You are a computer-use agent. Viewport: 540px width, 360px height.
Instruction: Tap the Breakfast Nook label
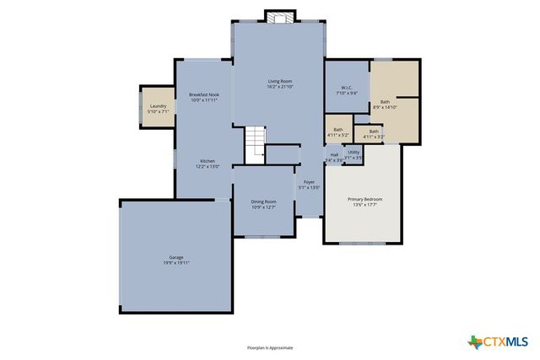pyautogui.click(x=204, y=94)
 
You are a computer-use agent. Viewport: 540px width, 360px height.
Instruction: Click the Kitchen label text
pyautogui.click(x=208, y=161)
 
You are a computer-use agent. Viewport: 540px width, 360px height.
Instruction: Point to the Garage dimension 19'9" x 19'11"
pyautogui.click(x=176, y=263)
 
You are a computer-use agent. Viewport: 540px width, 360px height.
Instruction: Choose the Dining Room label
pyautogui.click(x=263, y=201)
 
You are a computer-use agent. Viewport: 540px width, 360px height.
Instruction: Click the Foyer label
pyautogui.click(x=310, y=182)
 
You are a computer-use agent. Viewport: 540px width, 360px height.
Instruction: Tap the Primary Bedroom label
pyautogui.click(x=365, y=199)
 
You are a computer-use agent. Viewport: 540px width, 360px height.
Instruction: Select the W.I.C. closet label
pyautogui.click(x=347, y=88)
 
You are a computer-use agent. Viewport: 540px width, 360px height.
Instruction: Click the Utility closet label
pyautogui.click(x=354, y=152)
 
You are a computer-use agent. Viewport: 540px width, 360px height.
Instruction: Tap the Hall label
pyautogui.click(x=334, y=154)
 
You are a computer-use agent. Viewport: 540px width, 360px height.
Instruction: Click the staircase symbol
pyautogui.click(x=256, y=144)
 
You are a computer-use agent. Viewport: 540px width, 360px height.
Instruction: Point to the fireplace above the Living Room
pyautogui.click(x=279, y=17)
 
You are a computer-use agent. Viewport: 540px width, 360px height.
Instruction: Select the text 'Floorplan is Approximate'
pyautogui.click(x=270, y=347)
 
